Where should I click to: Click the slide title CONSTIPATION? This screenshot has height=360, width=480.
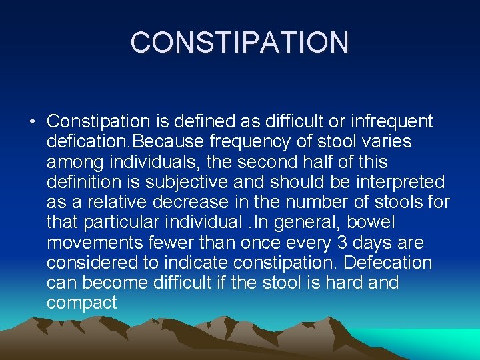tap(239, 43)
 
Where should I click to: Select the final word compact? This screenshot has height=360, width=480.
tap(82, 303)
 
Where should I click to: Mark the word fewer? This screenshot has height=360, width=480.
tap(172, 242)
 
